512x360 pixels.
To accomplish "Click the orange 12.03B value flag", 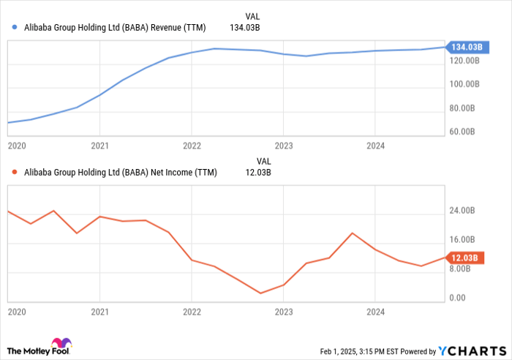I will coord(465,258).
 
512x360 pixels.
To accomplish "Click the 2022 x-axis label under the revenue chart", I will coord(192,146).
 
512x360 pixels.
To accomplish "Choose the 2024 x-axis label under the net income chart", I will coord(374,312).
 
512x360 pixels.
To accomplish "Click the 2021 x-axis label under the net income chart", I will coord(99,312).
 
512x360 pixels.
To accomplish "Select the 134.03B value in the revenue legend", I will coord(246,28).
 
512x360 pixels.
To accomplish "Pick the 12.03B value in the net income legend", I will coord(256,173).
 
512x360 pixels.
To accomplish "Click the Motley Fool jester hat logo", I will coord(62,344).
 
